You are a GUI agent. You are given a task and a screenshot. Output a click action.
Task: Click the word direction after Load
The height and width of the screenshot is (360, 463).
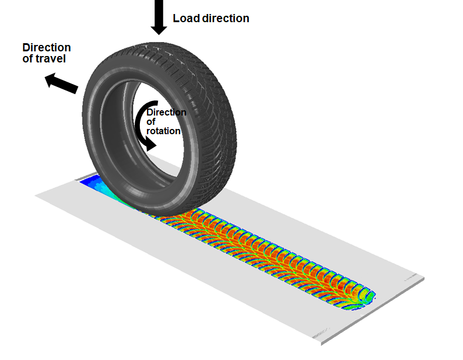(226, 18)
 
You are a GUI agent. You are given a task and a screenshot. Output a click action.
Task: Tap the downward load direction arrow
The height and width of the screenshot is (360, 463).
(159, 17)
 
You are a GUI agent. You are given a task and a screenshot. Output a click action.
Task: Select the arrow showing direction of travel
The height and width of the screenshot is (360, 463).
(61, 83)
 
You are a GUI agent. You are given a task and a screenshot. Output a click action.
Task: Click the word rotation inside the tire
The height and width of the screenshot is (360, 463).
(163, 131)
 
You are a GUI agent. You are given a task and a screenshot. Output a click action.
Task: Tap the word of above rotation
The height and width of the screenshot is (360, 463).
(150, 121)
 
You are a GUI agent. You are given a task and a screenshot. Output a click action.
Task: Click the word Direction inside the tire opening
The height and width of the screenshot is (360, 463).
(166, 112)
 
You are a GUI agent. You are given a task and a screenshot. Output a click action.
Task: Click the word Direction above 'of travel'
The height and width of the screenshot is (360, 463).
(47, 48)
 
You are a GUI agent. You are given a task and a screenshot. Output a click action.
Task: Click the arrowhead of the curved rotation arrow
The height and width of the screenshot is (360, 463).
(151, 145)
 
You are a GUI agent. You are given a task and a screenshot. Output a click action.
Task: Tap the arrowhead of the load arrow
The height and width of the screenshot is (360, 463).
(159, 30)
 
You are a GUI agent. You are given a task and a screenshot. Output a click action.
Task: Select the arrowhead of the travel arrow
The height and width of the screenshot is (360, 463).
(50, 79)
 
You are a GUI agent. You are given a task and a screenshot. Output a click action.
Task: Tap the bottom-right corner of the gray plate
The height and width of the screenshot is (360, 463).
(321, 344)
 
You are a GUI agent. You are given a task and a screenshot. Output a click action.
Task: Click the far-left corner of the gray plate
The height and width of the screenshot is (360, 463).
(35, 195)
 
